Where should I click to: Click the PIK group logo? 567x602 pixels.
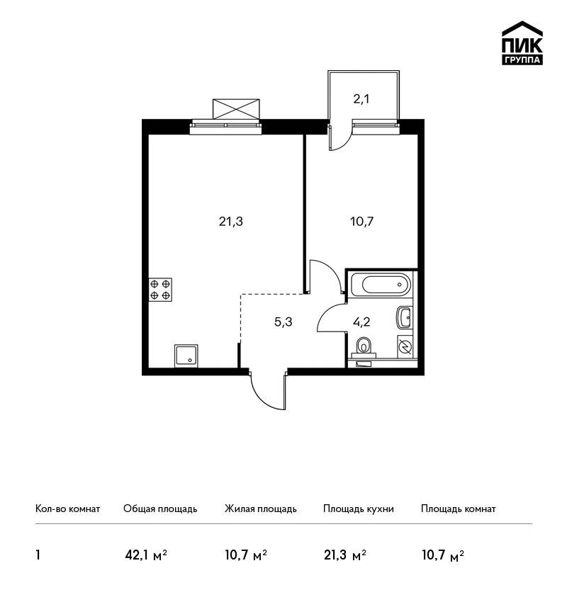coord(522,43)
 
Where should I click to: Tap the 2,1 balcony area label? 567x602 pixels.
coord(361,99)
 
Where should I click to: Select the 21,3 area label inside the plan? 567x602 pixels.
coord(231,222)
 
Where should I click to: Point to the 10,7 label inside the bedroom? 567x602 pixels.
coord(362,222)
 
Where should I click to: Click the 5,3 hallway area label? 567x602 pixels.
coord(283,322)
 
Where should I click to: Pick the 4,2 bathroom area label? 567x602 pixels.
coord(361,322)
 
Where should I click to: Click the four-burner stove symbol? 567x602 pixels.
coord(160,290)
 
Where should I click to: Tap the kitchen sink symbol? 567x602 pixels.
coord(186,356)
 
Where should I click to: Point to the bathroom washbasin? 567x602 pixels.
coord(404,317)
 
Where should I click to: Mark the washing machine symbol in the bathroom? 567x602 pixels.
coord(405,347)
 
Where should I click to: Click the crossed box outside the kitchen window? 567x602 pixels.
coord(236,109)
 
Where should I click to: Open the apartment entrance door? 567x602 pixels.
coord(269,392)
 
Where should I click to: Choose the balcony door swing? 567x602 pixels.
coord(339,135)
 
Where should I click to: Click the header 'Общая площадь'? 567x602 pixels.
coord(160,509)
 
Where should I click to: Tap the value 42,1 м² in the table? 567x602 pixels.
coord(146,555)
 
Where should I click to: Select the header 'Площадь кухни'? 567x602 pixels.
coord(359,509)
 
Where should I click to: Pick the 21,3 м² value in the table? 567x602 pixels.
coord(345,555)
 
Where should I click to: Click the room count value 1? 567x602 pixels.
coord(38,555)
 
